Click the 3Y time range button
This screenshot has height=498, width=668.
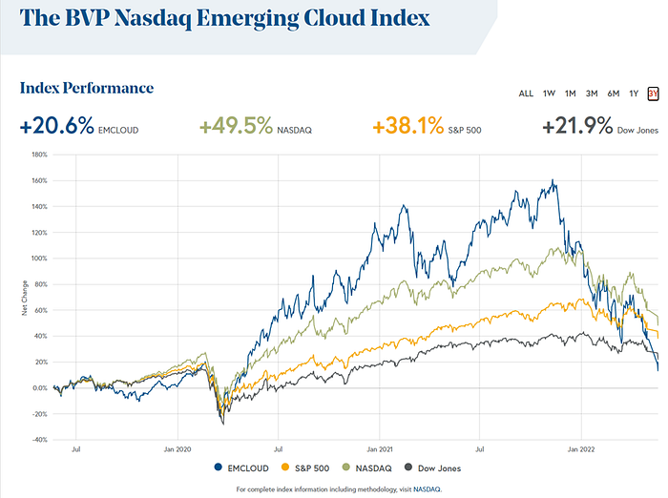[x=653, y=93]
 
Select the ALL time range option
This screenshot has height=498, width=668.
[x=526, y=93]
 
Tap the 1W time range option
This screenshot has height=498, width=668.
[x=549, y=93]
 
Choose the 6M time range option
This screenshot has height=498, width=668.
[x=613, y=93]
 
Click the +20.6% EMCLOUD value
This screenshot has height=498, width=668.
[x=79, y=126]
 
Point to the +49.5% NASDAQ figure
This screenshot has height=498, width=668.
[x=256, y=126]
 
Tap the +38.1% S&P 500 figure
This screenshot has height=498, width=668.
[x=427, y=126]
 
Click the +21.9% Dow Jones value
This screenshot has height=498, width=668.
[x=600, y=126]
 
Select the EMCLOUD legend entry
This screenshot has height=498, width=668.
[x=241, y=468]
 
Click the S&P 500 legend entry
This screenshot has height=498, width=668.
[x=305, y=468]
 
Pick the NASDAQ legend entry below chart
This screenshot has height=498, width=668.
[x=367, y=468]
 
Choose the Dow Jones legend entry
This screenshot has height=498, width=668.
[x=433, y=468]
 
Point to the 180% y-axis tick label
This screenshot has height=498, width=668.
[x=40, y=155]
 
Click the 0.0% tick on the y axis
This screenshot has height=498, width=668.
[x=40, y=388]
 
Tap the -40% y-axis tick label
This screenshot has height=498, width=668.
[x=40, y=440]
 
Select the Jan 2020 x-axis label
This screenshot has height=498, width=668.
[x=177, y=449]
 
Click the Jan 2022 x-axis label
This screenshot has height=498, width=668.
[x=581, y=449]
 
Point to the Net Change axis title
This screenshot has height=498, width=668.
[x=25, y=298]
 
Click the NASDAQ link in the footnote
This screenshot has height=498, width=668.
[x=427, y=489]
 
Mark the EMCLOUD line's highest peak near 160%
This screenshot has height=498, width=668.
[x=553, y=179]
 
